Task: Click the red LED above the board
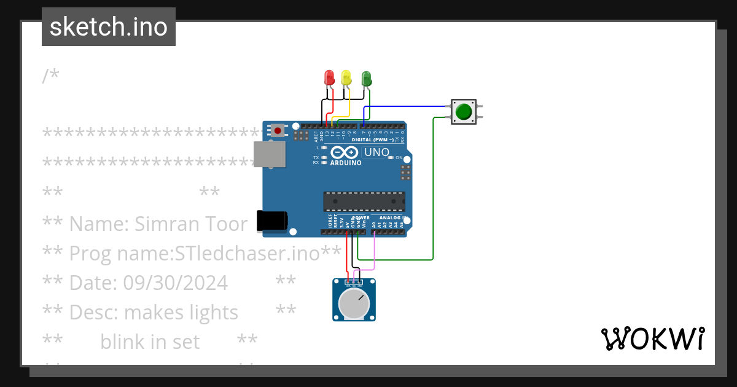click(329, 77)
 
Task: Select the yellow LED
click(346, 77)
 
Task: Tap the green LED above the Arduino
click(367, 78)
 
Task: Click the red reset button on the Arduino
click(278, 130)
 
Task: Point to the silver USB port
click(270, 154)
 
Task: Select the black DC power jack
click(271, 221)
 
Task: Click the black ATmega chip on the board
click(364, 201)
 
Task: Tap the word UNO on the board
click(376, 152)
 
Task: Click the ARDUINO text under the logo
click(346, 163)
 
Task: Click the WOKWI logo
click(652, 338)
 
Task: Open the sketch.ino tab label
click(109, 27)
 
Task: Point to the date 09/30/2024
click(176, 283)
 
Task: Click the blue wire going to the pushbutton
click(405, 106)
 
